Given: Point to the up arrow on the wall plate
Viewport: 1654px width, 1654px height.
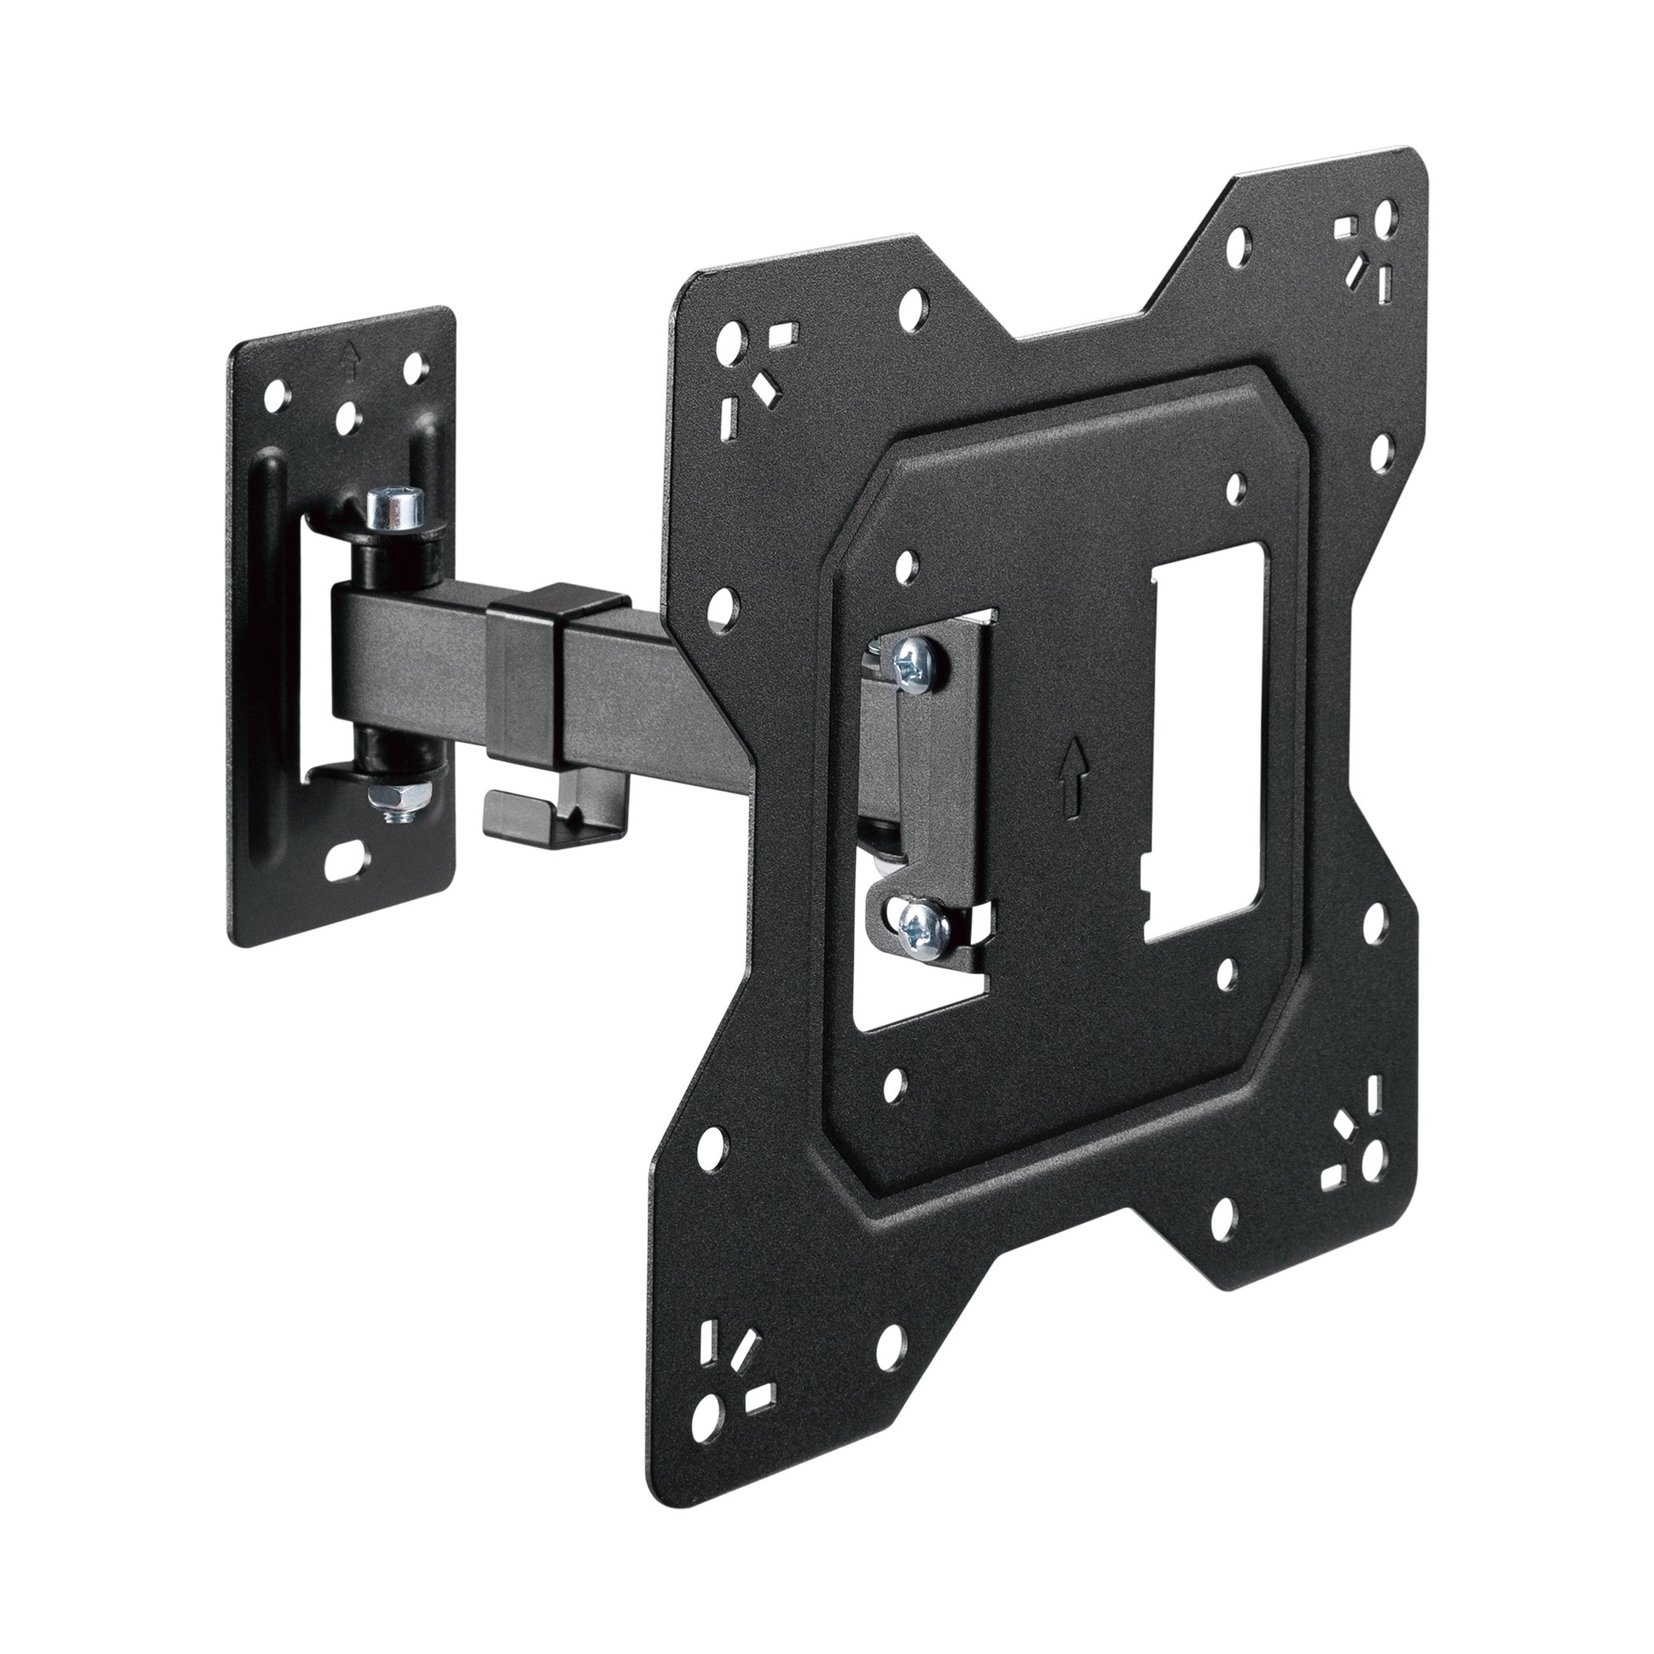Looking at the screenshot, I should (349, 362).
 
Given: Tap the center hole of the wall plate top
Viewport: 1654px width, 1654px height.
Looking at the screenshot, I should (347, 418).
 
